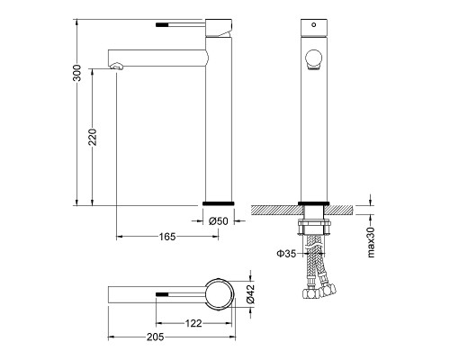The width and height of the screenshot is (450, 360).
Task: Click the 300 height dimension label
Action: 77,73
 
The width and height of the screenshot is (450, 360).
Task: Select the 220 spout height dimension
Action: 93,137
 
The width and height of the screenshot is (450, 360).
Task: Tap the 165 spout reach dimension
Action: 167,237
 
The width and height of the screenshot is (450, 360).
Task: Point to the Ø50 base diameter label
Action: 219,221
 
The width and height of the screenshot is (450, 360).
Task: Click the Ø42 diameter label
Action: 250,293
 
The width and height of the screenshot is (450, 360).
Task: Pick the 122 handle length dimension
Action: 193,323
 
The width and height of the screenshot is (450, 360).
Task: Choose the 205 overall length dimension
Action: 155,337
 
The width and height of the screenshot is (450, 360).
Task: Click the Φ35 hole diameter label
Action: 286,254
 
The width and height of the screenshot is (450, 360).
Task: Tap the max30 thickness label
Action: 371,242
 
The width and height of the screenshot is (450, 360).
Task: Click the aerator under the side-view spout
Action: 117,66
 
